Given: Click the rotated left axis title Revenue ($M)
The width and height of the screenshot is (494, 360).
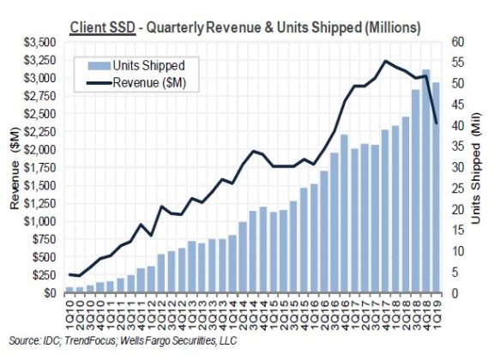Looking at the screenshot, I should tap(14, 167).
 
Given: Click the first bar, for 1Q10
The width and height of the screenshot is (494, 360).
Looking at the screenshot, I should tap(69, 290).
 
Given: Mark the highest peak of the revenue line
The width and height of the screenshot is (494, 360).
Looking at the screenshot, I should tap(385, 61).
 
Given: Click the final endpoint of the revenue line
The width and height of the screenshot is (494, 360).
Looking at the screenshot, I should tap(437, 123).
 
